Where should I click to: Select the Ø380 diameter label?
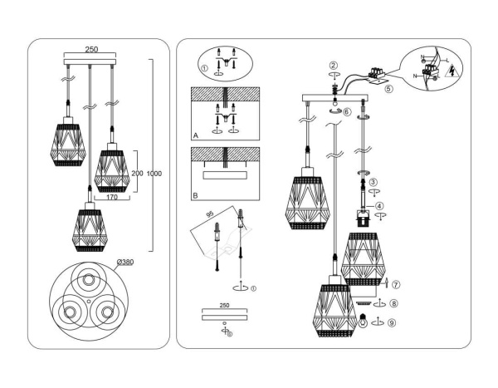coord(124,262)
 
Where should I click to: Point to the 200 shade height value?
coord(139,173)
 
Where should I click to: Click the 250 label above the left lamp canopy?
coord(92,49)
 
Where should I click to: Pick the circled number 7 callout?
coord(395,285)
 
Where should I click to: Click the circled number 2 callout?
coord(333,66)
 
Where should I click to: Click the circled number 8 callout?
coord(393,303)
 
